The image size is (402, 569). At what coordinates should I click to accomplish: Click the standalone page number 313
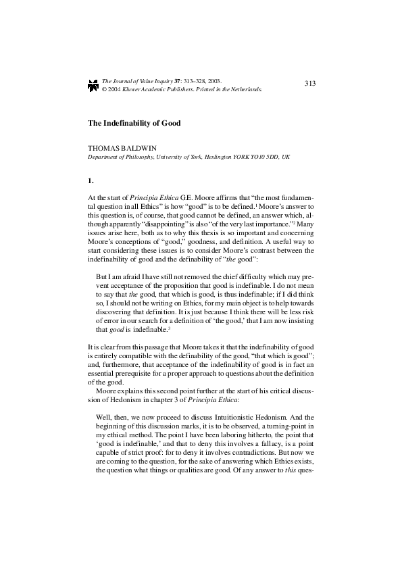310,83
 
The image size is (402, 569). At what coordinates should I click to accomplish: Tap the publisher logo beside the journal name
93,84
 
